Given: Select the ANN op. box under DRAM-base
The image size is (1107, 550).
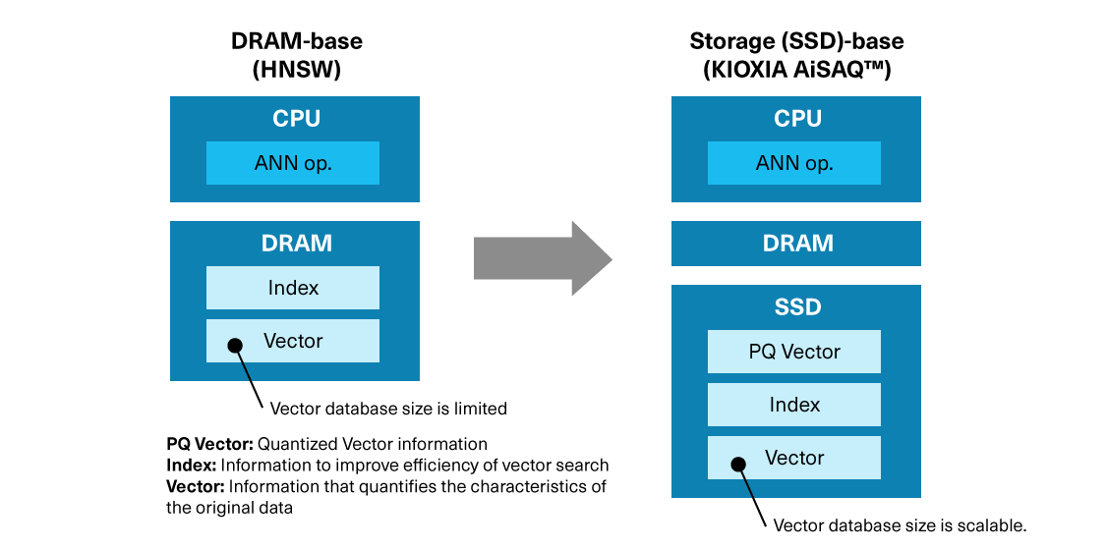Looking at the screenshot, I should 293,163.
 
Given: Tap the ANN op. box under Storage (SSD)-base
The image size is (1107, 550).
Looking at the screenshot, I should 794,163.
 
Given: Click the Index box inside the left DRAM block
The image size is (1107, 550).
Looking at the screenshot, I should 293,288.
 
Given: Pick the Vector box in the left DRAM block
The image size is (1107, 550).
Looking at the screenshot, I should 293,341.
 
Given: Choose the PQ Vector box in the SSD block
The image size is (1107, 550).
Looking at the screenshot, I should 794,352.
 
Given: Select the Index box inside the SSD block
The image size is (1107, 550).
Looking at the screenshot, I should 794,405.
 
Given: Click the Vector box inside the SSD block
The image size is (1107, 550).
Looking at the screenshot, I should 794,458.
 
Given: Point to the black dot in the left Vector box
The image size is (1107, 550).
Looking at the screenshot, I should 235,345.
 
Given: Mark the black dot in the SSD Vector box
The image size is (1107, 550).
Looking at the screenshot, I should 736,462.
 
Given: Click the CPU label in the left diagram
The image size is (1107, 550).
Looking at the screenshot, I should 296,119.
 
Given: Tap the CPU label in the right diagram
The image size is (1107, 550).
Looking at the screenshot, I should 797,119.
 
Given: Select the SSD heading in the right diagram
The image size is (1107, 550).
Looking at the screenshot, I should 797,307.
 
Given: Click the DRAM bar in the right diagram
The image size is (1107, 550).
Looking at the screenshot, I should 796,244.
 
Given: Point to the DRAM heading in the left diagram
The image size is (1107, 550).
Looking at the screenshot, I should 296,244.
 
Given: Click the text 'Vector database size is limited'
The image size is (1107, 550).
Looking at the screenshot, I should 388,408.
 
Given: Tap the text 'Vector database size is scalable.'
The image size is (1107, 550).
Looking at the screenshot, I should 900,525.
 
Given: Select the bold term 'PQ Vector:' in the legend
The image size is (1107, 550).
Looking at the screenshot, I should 210,444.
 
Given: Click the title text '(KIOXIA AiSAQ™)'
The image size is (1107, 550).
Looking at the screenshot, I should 796,71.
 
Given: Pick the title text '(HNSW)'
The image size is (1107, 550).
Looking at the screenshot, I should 296,71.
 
